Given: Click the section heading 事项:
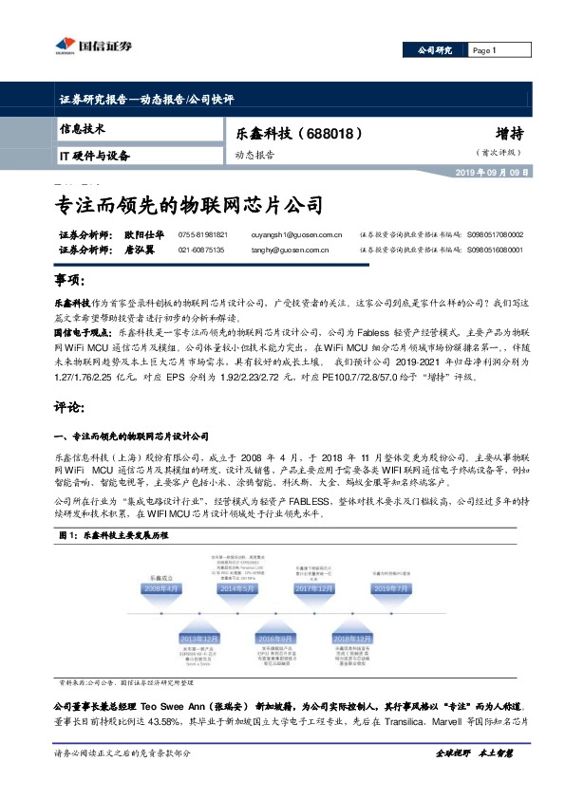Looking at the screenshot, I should [x=69, y=282].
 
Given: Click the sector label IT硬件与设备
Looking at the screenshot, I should [x=95, y=156].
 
